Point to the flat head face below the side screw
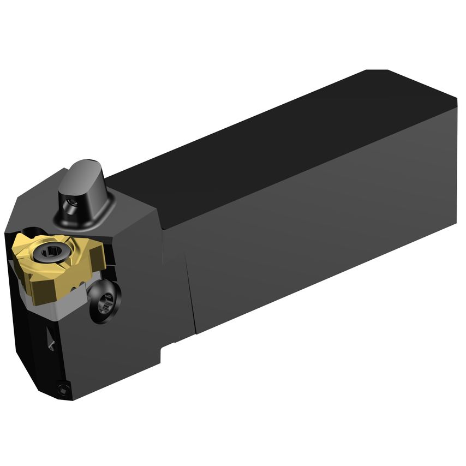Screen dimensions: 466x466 [x=126, y=349]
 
